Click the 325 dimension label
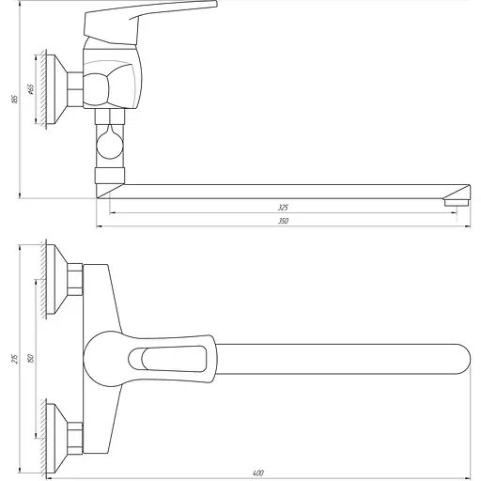[284, 206]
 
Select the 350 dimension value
[284, 221]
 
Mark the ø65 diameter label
[30, 89]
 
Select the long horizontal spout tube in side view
[282, 190]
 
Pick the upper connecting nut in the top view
[74, 278]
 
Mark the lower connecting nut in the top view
[74, 434]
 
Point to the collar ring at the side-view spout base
[109, 175]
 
